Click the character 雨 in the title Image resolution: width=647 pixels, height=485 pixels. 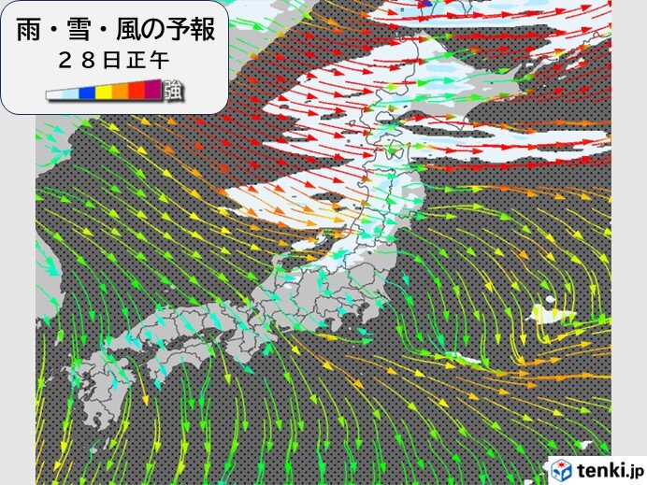pos(31,30)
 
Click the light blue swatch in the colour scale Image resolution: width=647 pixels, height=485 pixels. pos(70,93)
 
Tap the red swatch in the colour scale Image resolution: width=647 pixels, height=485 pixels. pos(137,93)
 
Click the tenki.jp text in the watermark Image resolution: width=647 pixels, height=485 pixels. pos(609,468)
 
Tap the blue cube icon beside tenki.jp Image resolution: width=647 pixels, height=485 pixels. pos(561,468)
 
